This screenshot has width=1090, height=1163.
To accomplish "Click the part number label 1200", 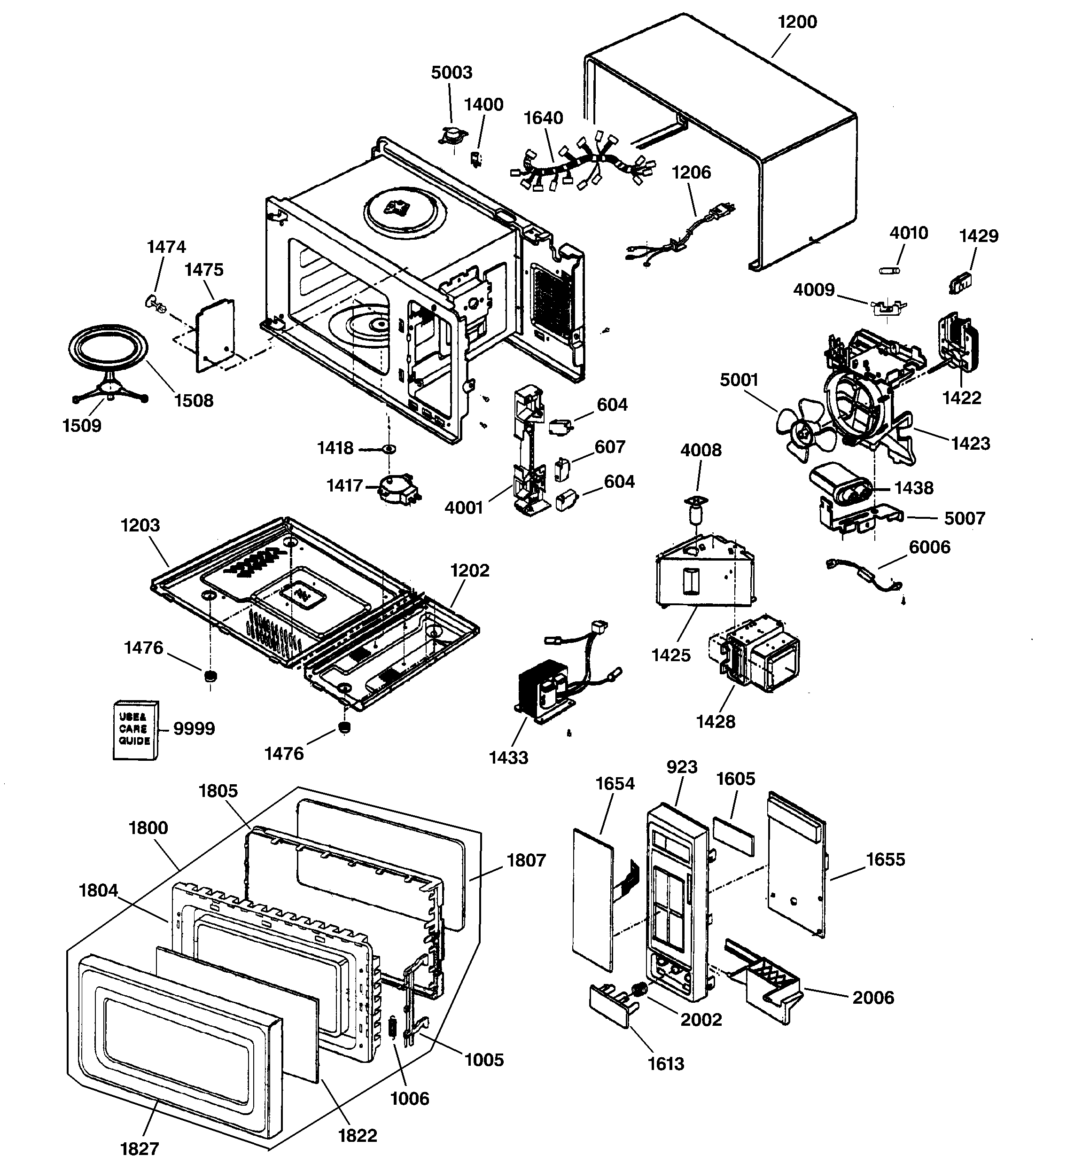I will click(797, 22).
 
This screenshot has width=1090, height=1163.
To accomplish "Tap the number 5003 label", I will click(451, 72).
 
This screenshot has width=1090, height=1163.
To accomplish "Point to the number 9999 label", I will click(194, 729).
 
